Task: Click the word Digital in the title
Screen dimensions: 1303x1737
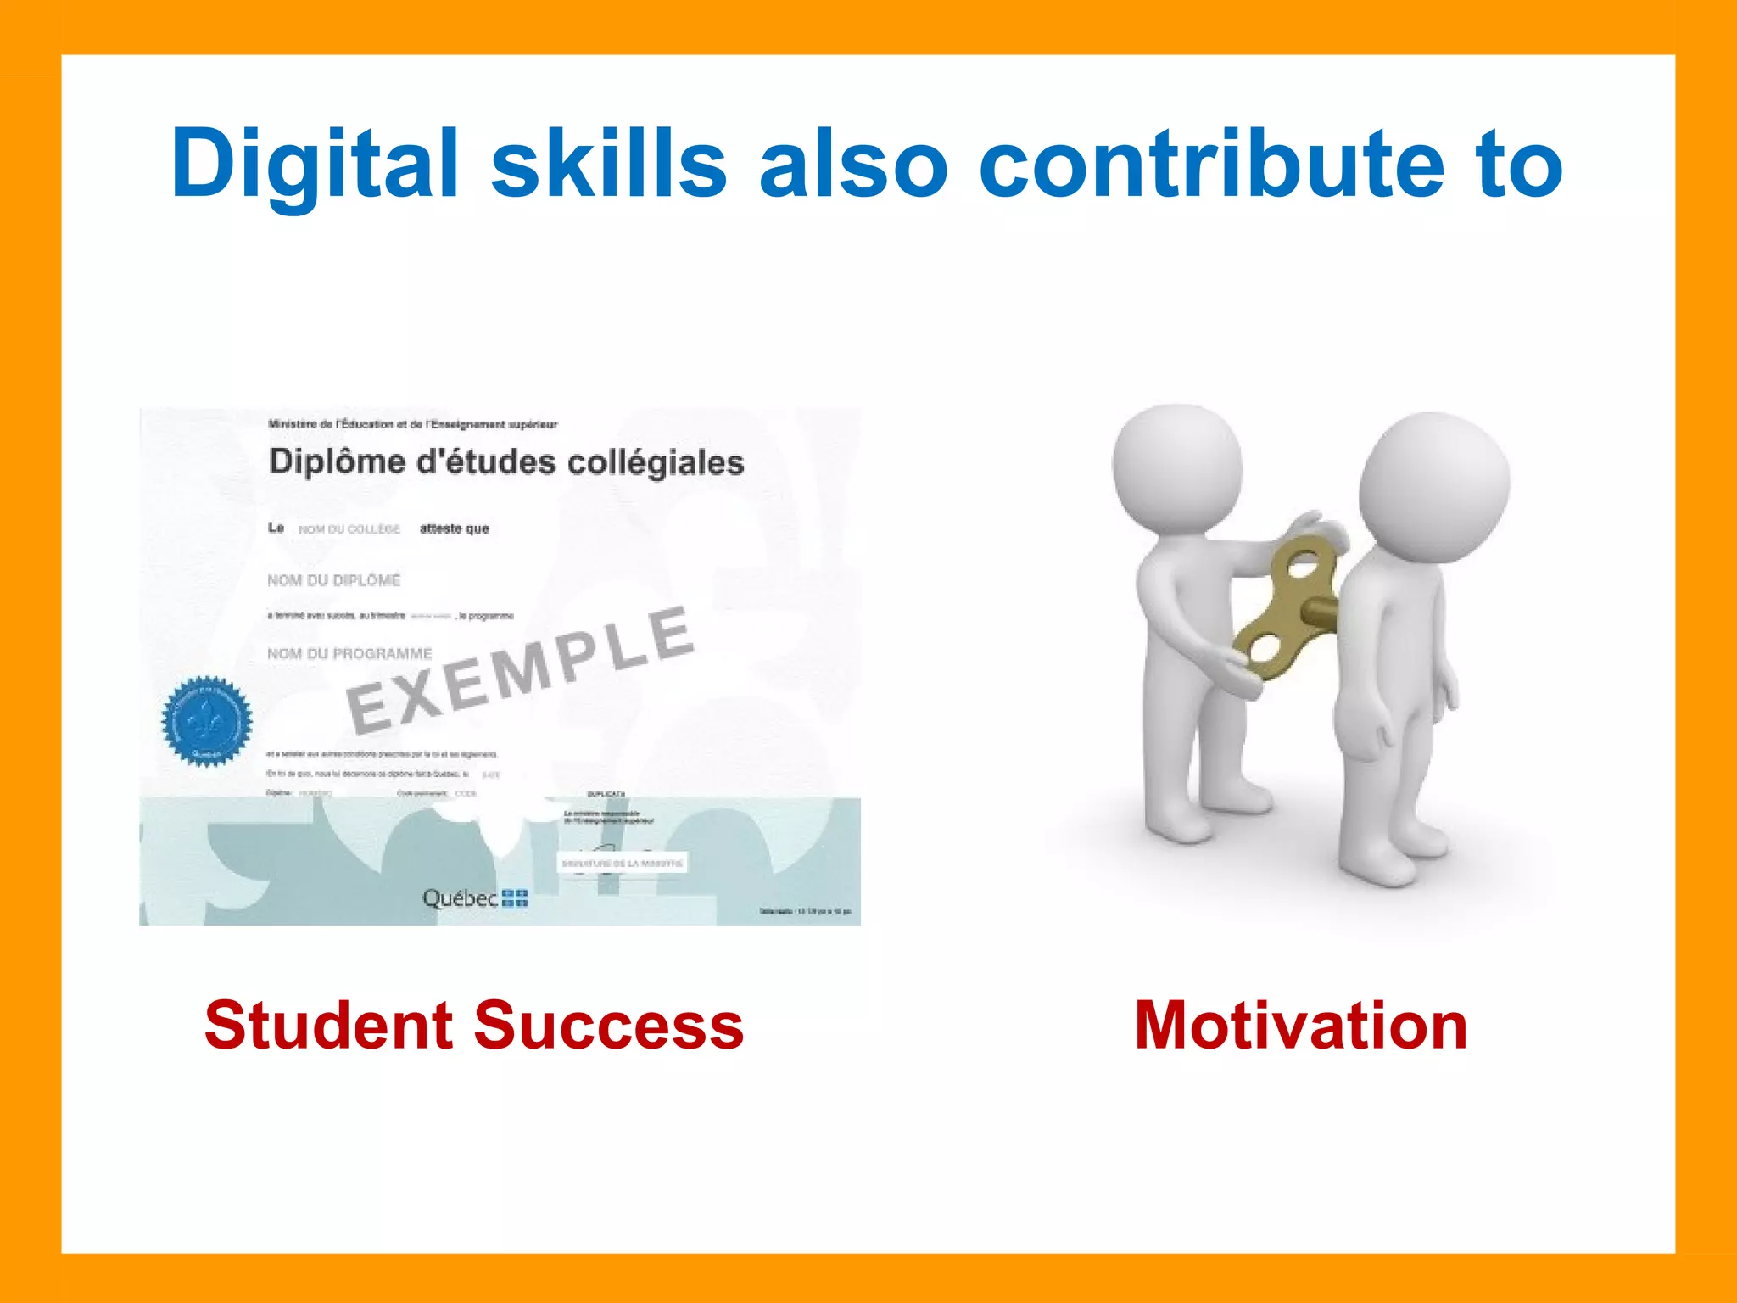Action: [315, 163]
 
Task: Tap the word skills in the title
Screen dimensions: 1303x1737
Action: [608, 163]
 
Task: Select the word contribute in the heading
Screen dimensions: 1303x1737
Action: [1211, 163]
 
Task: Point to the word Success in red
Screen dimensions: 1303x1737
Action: [608, 1026]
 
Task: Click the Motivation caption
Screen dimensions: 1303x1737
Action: [1301, 1026]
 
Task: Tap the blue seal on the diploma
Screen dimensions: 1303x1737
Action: [207, 721]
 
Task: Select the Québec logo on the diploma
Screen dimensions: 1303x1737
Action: [474, 898]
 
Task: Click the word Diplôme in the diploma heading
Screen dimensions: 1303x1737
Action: [337, 461]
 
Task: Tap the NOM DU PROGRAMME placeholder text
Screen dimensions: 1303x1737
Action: [349, 654]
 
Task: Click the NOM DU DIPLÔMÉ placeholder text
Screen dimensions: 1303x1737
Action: [333, 580]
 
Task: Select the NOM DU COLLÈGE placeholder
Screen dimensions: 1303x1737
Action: [349, 529]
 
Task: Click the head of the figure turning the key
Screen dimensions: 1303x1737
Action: [1177, 468]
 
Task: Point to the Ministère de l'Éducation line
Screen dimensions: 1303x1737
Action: [412, 424]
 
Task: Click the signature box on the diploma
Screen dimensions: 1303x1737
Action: [622, 864]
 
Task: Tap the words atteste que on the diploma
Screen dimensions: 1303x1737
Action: [454, 528]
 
